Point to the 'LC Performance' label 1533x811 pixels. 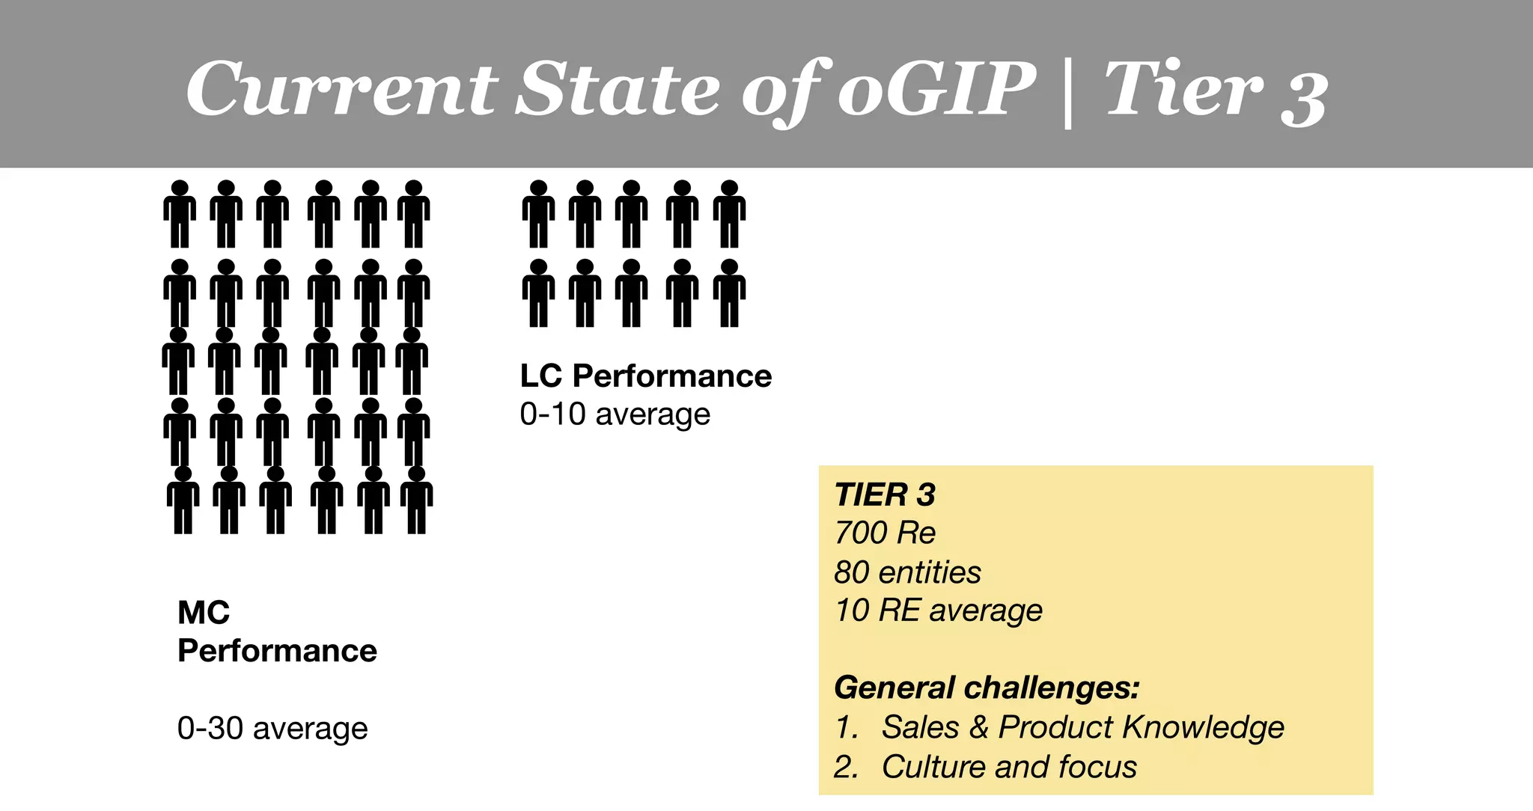[645, 376]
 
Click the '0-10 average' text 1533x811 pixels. [615, 414]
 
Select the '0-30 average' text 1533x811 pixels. [272, 728]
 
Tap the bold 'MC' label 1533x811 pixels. [204, 613]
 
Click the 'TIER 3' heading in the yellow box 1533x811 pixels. [885, 495]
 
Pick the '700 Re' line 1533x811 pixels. [885, 533]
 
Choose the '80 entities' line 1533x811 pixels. [907, 572]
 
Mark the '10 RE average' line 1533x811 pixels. [939, 610]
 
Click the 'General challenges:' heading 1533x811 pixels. [987, 688]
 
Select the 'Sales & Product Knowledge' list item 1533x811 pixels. [1082, 727]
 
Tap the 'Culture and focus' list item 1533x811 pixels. [1009, 767]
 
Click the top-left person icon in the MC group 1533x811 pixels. [180, 214]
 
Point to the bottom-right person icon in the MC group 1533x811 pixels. [416, 500]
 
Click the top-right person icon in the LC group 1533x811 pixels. [729, 214]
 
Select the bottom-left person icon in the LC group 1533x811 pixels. [539, 293]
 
